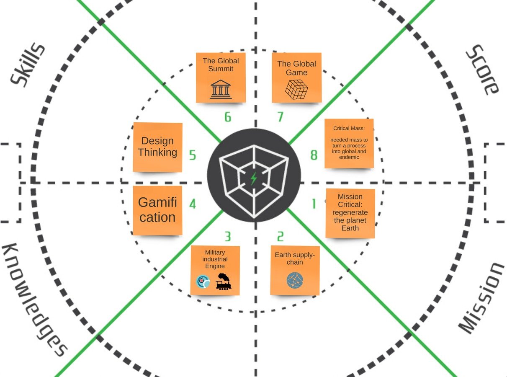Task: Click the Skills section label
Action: pos(28,65)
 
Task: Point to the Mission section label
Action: pos(480,298)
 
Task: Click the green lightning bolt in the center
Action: pos(254,178)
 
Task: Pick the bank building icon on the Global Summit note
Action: pos(221,90)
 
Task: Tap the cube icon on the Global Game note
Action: pos(296,89)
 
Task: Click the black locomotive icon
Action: pos(224,282)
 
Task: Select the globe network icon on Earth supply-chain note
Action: pos(295,280)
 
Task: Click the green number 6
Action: pos(228,117)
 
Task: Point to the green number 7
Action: pos(281,117)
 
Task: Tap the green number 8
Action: pos(314,155)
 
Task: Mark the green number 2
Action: pos(280,237)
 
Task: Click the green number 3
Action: pos(227,237)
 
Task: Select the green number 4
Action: pos(193,204)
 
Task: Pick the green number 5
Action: pos(193,155)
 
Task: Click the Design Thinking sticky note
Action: pos(157,147)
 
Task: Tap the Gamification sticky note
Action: pos(157,210)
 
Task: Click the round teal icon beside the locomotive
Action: pos(203,282)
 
